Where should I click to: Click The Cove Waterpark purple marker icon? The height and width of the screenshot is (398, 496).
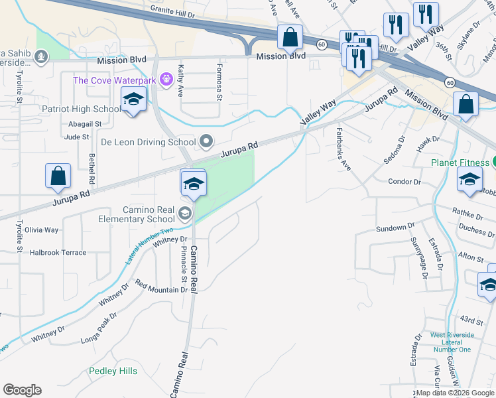[165, 80]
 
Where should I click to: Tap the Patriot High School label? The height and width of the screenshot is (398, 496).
[81, 109]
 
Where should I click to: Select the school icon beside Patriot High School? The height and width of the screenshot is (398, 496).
[133, 101]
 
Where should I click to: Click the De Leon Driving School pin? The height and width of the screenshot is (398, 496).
[206, 141]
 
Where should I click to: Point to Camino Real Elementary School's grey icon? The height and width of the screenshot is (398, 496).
[184, 214]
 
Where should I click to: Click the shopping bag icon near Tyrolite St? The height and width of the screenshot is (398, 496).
[58, 177]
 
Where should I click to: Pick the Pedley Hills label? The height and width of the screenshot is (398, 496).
[114, 371]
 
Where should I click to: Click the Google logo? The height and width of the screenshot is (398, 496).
[22, 390]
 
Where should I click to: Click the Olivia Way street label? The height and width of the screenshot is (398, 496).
[42, 230]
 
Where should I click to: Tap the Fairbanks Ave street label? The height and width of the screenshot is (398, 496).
[343, 149]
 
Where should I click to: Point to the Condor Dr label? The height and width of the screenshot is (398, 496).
[404, 181]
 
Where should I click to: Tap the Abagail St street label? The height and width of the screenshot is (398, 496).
[84, 124]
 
